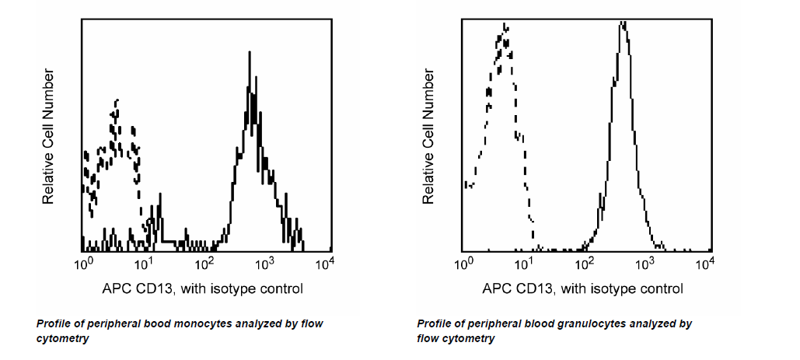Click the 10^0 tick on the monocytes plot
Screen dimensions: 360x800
84,264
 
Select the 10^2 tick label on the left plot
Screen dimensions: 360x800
206,264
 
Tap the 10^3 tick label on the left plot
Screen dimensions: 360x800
266,264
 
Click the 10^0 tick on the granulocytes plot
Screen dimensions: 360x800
465,264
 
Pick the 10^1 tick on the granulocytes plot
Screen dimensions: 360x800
526,264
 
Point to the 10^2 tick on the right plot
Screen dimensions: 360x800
586,264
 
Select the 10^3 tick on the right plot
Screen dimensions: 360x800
646,264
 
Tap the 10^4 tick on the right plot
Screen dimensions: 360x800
706,264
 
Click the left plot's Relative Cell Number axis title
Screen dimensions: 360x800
48,137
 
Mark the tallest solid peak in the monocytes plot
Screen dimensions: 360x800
249,53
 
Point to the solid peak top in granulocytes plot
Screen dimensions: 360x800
623,23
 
